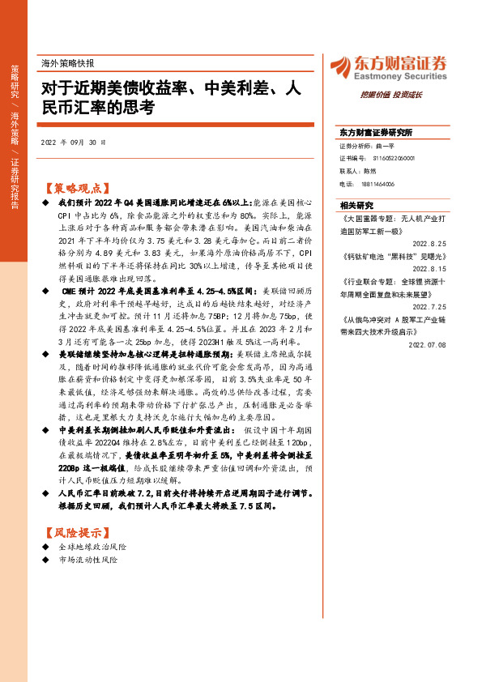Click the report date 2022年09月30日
coord(73,143)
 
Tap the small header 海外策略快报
coord(67,62)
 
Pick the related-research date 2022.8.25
coord(430,242)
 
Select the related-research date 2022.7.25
coord(430,306)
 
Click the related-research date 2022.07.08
coord(429,344)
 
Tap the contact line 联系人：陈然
coord(358,171)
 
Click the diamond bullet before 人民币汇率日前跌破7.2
coord(45,492)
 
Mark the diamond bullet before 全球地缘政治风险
coord(45,548)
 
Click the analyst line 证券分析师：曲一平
coord(365,146)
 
